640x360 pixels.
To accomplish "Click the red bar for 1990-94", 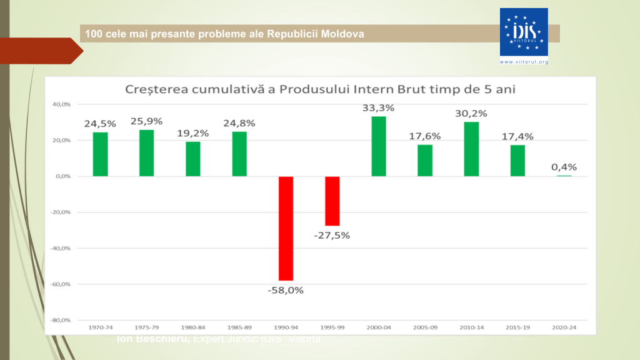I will click(x=286, y=228).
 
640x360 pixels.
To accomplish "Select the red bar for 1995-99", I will click(x=332, y=201).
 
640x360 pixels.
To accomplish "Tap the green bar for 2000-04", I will click(x=379, y=146).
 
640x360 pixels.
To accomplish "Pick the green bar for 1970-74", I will click(x=100, y=154).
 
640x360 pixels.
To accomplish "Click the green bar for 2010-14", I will click(x=471, y=149).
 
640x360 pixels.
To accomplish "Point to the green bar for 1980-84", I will click(x=193, y=159).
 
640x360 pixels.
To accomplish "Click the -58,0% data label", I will click(x=286, y=290).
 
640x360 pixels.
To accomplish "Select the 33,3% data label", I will click(x=378, y=107).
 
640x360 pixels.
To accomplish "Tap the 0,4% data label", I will click(x=564, y=167).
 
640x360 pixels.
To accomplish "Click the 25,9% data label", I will click(x=146, y=121).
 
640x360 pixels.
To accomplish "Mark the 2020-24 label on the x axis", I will click(x=564, y=327).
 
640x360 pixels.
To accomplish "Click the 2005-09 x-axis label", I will click(x=425, y=327).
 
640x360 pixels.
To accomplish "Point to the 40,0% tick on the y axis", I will click(x=61, y=104).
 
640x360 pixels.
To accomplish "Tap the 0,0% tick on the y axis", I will click(x=62, y=176).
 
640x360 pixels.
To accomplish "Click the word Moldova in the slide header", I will click(x=342, y=33).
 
